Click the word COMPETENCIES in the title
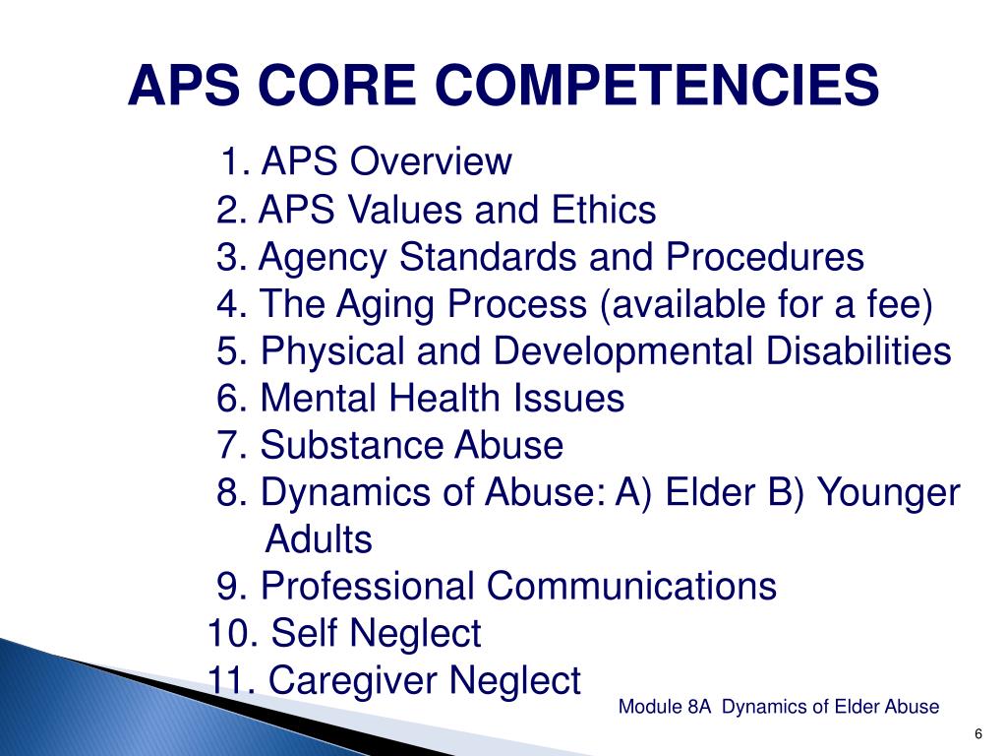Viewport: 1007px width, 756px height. (659, 86)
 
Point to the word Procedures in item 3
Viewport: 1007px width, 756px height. (765, 258)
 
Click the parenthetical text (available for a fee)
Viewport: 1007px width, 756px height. (764, 305)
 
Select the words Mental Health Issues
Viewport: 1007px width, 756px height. (442, 399)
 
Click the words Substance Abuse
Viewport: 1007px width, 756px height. (411, 446)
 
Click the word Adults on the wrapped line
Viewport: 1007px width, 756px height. (320, 539)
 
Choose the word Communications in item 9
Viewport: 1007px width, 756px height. (631, 587)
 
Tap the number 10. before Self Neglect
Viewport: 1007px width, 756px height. (233, 634)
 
